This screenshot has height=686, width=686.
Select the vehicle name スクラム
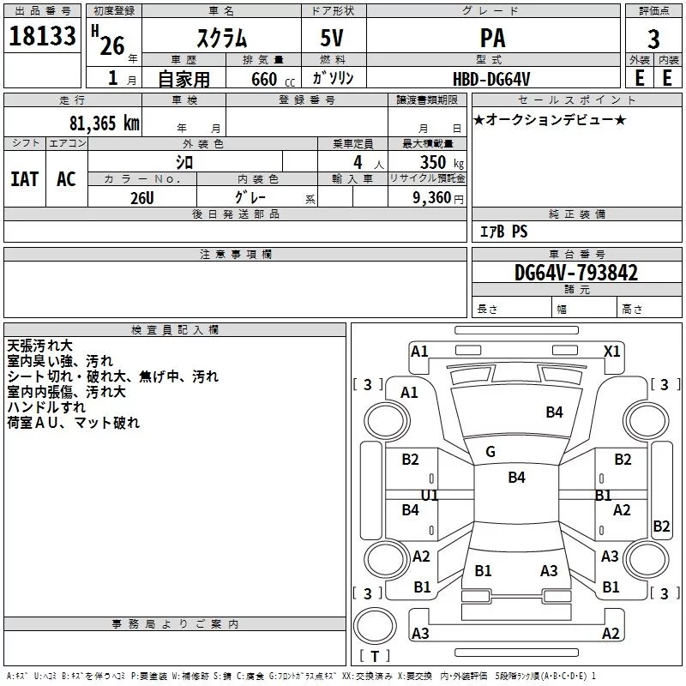pos(222,39)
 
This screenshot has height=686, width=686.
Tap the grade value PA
pos(492,39)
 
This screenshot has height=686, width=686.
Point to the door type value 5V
pos(334,39)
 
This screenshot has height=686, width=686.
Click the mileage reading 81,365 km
pos(102,123)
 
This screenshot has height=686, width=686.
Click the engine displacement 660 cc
pos(265,80)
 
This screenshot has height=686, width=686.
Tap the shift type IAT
pos(24,179)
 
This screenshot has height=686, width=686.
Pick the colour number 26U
pos(141,197)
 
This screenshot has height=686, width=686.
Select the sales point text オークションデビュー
pos(550,120)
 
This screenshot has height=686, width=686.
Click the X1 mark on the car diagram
pos(612,351)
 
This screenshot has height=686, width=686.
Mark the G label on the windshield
pos(490,452)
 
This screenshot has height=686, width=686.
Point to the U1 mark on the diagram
pos(430,496)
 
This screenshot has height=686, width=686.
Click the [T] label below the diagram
pos(374,657)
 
